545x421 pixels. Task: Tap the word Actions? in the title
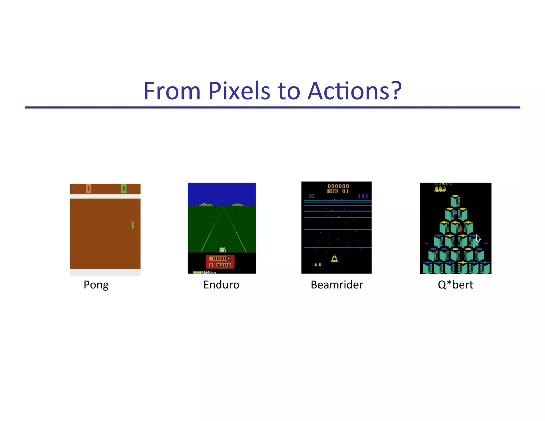coord(354,91)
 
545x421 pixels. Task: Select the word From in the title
coord(172,91)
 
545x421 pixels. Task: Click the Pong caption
coord(96,285)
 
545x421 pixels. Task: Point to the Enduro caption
coord(221,285)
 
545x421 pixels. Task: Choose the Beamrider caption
coord(337,285)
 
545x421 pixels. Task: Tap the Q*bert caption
coord(456,285)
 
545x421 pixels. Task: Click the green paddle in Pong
coord(133,225)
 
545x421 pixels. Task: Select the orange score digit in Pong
coord(89,189)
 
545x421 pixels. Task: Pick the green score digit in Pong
coord(124,189)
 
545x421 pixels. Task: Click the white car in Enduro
coord(222,250)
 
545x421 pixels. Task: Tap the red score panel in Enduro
coord(220,262)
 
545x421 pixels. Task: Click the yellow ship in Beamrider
coord(335,258)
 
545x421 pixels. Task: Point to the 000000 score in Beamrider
coord(338,186)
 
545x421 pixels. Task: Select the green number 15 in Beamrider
coord(312,196)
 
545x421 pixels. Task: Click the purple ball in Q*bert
coord(456,212)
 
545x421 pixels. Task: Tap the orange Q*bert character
coord(461,229)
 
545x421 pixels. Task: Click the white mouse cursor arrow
coord(478,238)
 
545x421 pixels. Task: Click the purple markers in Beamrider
coord(363,196)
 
